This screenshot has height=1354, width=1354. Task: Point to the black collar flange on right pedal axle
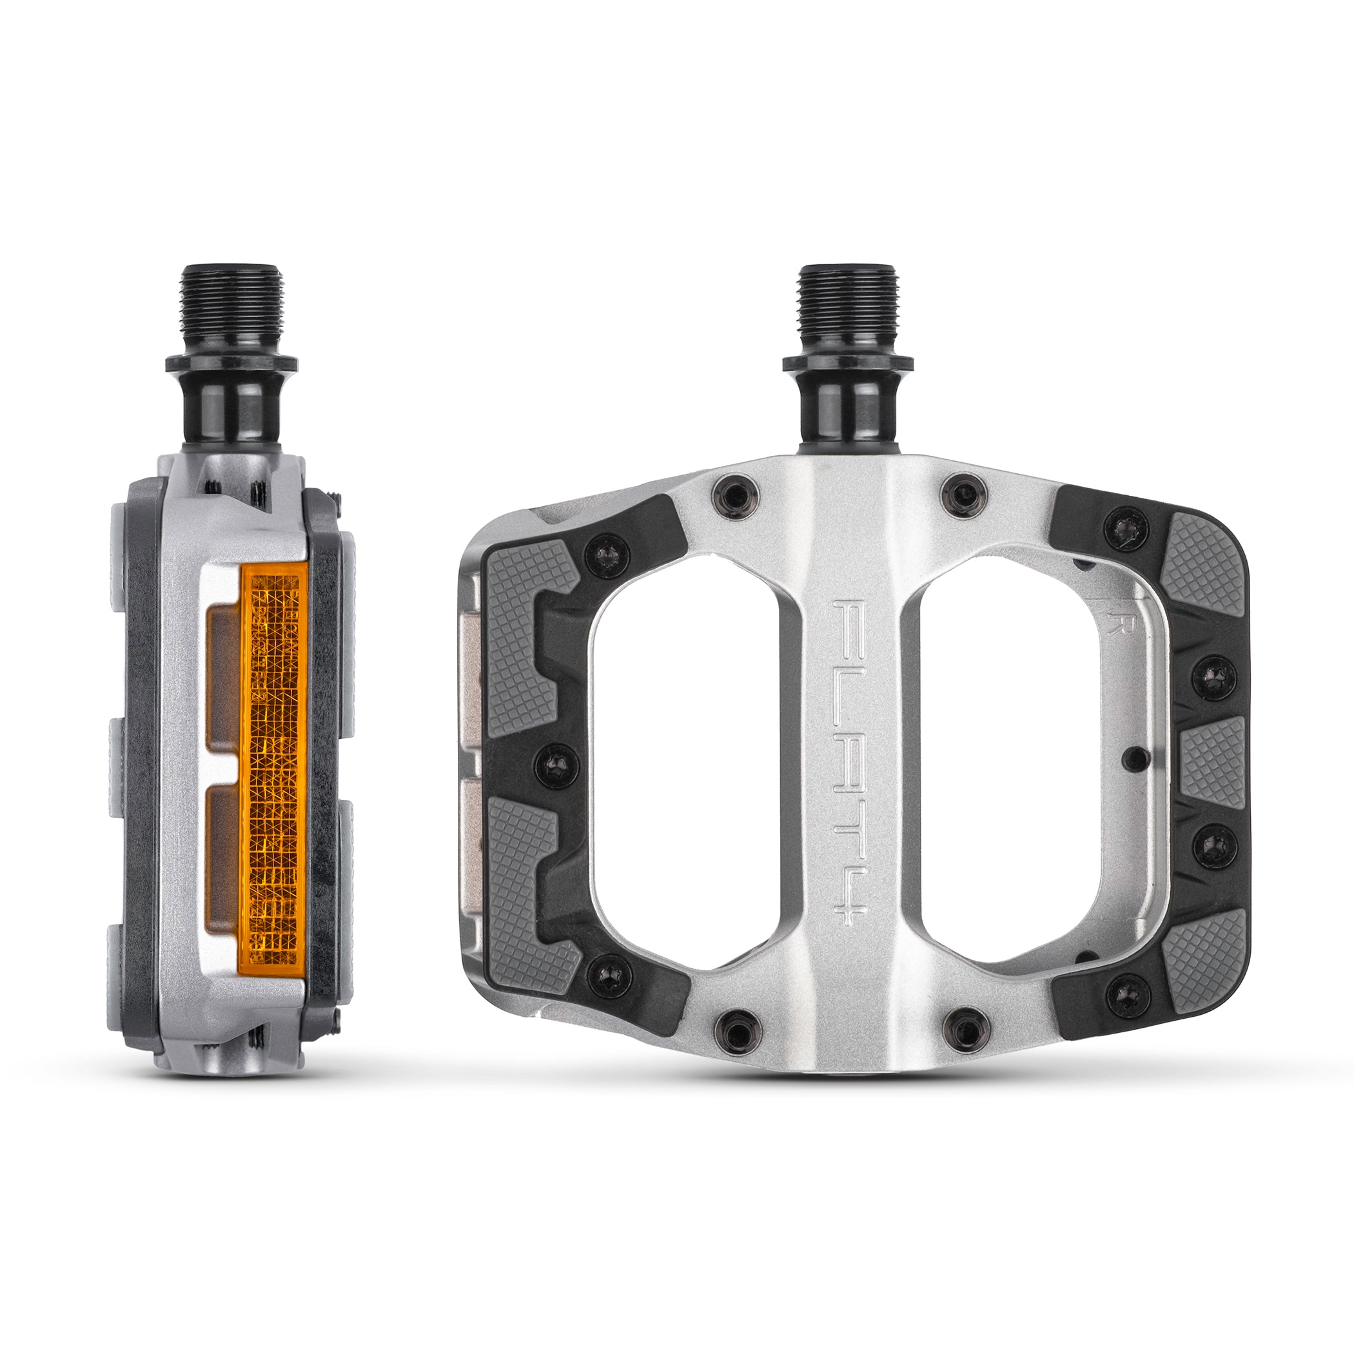point(847,363)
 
